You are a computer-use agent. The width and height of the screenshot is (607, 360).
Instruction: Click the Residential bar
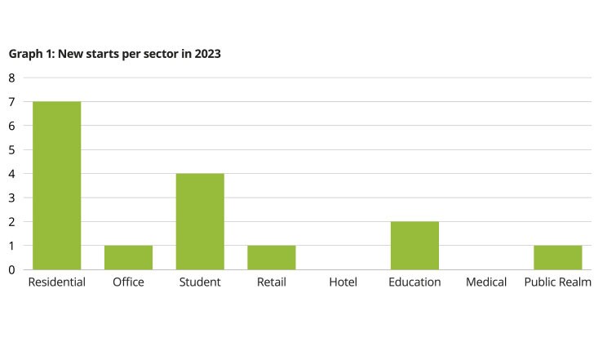[x=56, y=185]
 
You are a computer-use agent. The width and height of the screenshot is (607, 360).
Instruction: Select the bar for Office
[x=128, y=257]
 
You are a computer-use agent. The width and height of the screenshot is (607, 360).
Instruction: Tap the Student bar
[x=200, y=221]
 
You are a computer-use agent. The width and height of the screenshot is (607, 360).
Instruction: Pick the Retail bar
[x=272, y=257]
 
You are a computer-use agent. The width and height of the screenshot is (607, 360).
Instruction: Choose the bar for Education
[x=414, y=245]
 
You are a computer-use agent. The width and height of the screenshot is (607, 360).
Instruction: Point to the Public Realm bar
[x=558, y=257]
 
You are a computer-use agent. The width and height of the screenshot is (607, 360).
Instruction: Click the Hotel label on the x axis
[x=343, y=282]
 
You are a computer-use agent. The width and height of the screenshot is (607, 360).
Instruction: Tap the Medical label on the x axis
[x=486, y=282]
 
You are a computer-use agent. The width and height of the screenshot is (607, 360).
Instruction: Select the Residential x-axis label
[x=56, y=282]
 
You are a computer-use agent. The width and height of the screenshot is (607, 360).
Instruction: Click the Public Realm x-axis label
[x=558, y=282]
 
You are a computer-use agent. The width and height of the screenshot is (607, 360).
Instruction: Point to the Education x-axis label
[x=414, y=282]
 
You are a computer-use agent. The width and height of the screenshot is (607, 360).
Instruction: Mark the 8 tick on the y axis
[x=12, y=78]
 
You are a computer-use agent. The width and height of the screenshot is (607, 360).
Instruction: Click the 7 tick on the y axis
[x=12, y=102]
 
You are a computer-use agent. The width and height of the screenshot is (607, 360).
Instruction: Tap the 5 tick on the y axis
[x=12, y=150]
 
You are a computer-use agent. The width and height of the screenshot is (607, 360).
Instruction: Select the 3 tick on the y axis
[x=12, y=198]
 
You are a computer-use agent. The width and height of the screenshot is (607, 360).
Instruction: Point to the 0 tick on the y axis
[x=12, y=269]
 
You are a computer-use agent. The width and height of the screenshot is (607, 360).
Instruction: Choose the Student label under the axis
[x=200, y=282]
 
